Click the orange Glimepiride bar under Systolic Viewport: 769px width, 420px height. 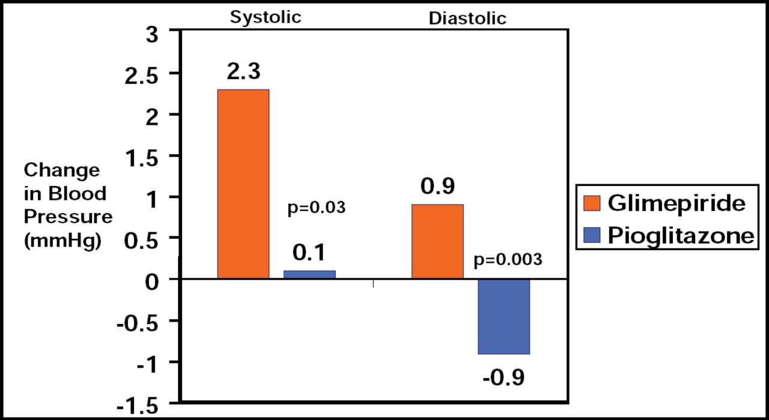coord(243,184)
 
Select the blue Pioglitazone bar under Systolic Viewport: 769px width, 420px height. coord(309,275)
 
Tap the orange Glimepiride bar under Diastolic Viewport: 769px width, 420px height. coord(437,242)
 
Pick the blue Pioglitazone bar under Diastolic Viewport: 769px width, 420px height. coord(503,317)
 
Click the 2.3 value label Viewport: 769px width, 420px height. coord(243,72)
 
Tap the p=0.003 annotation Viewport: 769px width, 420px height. coord(508,260)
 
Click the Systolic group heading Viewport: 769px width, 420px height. coord(266,16)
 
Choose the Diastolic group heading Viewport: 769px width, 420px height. coord(467,18)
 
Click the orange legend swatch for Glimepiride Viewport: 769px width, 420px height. coord(592,204)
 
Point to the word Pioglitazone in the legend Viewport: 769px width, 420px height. coord(679,236)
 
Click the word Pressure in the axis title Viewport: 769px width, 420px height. coord(68,216)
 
